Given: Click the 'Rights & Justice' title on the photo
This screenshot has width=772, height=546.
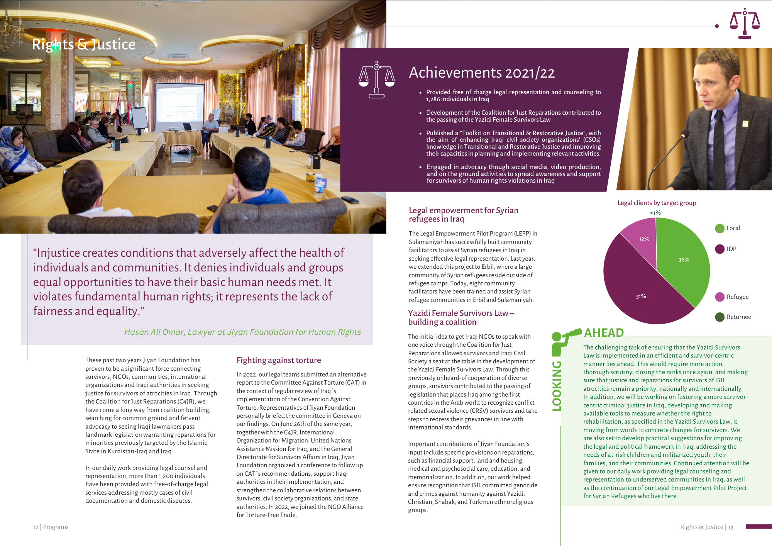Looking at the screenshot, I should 83,44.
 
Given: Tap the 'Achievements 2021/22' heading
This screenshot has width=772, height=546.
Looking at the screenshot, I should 481,73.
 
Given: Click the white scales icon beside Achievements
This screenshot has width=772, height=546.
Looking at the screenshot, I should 376,80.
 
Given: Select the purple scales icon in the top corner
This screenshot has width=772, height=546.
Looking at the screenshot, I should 745,24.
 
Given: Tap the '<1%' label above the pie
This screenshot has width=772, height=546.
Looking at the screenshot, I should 655,213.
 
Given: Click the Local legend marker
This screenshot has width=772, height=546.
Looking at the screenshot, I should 720,229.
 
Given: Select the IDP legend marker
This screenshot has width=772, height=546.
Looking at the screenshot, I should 720,249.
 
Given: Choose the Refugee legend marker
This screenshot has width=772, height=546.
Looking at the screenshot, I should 720,297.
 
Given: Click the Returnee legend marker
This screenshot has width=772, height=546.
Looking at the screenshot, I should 720,317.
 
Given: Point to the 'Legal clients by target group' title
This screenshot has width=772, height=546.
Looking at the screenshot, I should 657,203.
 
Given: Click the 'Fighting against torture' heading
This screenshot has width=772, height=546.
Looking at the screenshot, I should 279,360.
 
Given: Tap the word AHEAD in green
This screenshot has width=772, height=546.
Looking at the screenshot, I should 604,332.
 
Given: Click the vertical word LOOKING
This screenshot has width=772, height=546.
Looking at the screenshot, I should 557,386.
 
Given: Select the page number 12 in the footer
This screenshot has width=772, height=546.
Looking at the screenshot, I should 36,527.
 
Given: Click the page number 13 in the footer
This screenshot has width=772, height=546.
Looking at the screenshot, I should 730,527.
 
